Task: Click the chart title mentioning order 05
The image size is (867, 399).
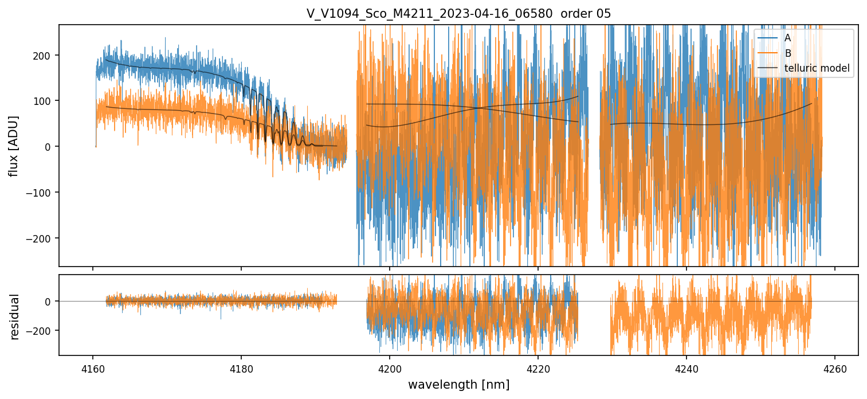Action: click(x=458, y=14)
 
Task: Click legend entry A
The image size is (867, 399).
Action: click(x=787, y=38)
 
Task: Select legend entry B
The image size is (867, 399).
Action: click(x=787, y=53)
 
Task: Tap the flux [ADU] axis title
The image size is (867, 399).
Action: click(x=13, y=146)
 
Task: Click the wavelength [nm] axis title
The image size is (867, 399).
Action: click(x=458, y=385)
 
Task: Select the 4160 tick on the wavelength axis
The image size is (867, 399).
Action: click(x=93, y=368)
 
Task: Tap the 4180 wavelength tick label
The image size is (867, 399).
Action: click(x=241, y=368)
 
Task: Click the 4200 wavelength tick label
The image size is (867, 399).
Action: click(x=390, y=368)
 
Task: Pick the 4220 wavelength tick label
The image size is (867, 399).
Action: click(x=538, y=368)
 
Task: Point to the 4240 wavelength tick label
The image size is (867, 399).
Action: click(x=686, y=368)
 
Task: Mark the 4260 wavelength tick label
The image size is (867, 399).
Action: click(x=835, y=368)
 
